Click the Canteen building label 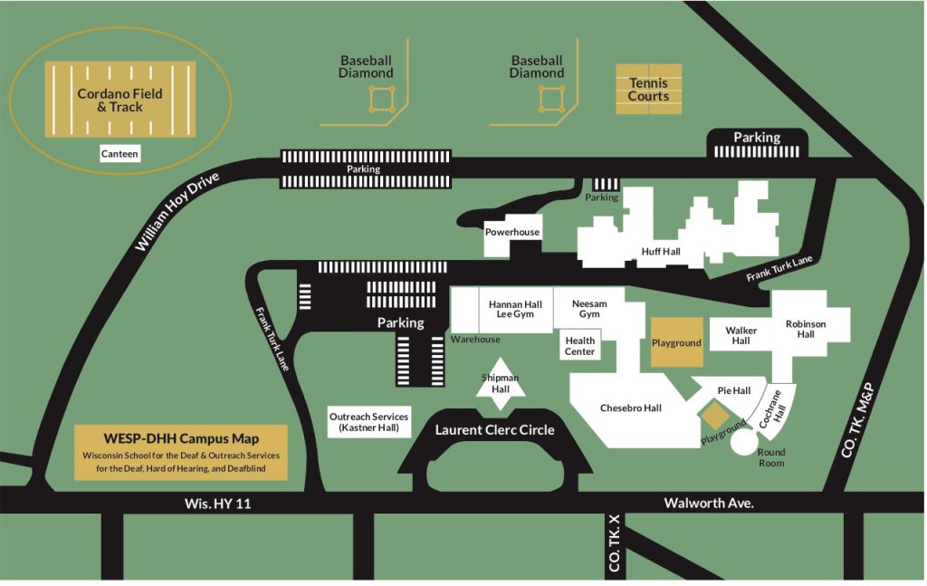(x=119, y=154)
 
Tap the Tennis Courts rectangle (x=648, y=90)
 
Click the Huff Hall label (x=661, y=251)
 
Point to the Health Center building (x=579, y=346)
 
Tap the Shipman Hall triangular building (x=500, y=384)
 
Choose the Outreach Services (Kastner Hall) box (x=369, y=422)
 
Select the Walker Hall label (x=741, y=335)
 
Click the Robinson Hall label (x=806, y=329)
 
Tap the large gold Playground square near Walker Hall (x=677, y=342)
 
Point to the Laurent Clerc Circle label (x=495, y=430)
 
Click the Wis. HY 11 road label (x=217, y=504)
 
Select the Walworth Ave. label (x=709, y=504)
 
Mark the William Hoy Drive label (x=177, y=212)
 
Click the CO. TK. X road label (x=615, y=543)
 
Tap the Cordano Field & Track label (x=119, y=100)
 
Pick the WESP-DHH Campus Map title (x=181, y=438)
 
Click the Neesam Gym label (x=589, y=309)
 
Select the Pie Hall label (x=734, y=390)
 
